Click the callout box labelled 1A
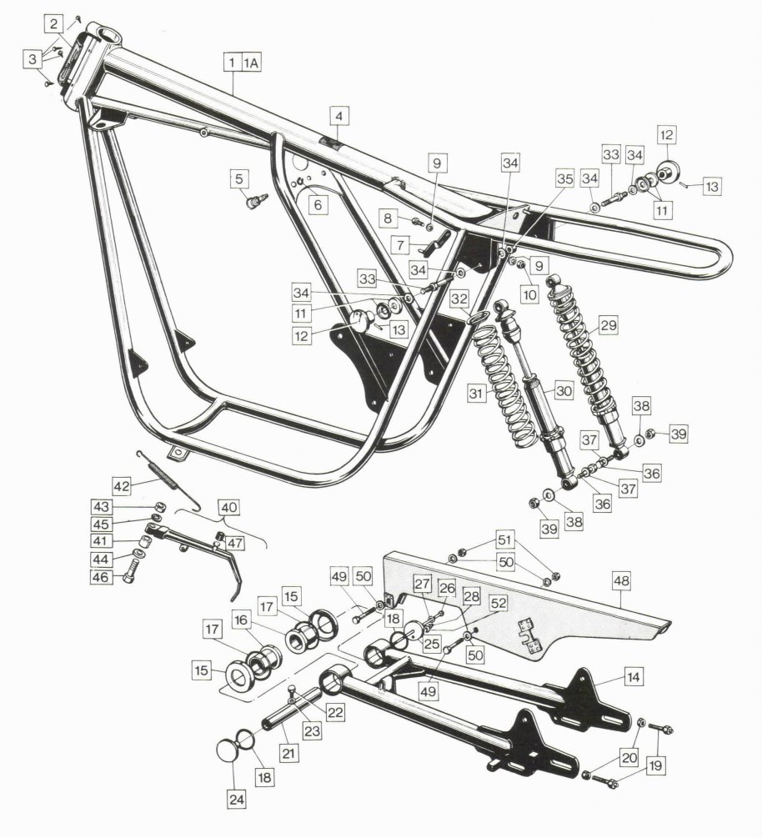[252, 63]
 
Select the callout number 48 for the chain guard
[621, 581]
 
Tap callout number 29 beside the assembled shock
[608, 325]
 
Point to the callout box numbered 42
[122, 486]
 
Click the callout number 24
[236, 800]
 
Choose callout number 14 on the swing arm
[634, 677]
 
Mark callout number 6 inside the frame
[318, 204]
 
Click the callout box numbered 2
[53, 24]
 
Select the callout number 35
[564, 179]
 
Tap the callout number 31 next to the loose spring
[475, 394]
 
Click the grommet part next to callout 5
[255, 201]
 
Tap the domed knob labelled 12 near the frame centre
[361, 321]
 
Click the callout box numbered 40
[228, 507]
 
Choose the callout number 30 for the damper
[564, 391]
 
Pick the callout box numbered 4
[339, 115]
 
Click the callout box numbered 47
[234, 543]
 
